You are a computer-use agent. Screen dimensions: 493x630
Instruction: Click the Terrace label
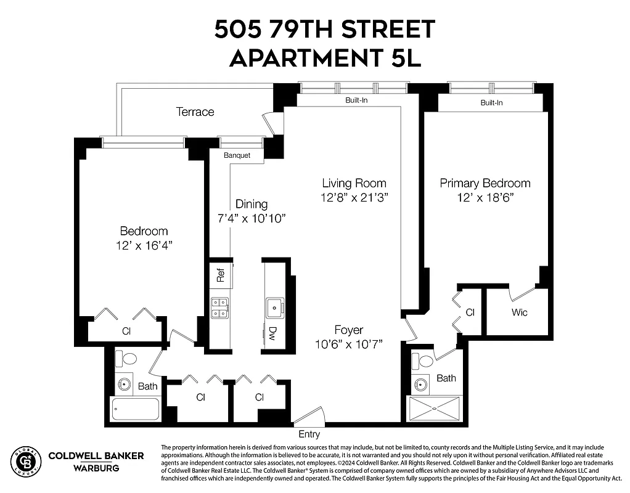click(195, 112)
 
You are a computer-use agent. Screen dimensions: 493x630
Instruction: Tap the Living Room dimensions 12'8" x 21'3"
click(354, 197)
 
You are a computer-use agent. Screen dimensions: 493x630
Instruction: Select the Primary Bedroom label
click(485, 183)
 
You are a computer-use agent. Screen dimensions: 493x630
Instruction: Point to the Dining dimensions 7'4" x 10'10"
click(252, 218)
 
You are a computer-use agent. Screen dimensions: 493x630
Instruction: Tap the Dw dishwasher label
click(272, 335)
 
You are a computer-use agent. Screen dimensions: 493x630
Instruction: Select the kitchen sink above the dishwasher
click(273, 306)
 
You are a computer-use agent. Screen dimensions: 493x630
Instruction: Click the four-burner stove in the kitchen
click(220, 308)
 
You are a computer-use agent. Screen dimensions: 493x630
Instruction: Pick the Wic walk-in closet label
click(519, 312)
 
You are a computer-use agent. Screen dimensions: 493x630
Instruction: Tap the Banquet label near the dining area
click(237, 155)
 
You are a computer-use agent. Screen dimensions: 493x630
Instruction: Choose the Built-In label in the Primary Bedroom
click(491, 103)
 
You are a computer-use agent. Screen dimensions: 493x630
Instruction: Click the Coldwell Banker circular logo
click(25, 461)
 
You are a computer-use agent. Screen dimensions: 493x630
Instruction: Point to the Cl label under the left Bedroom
click(126, 331)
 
